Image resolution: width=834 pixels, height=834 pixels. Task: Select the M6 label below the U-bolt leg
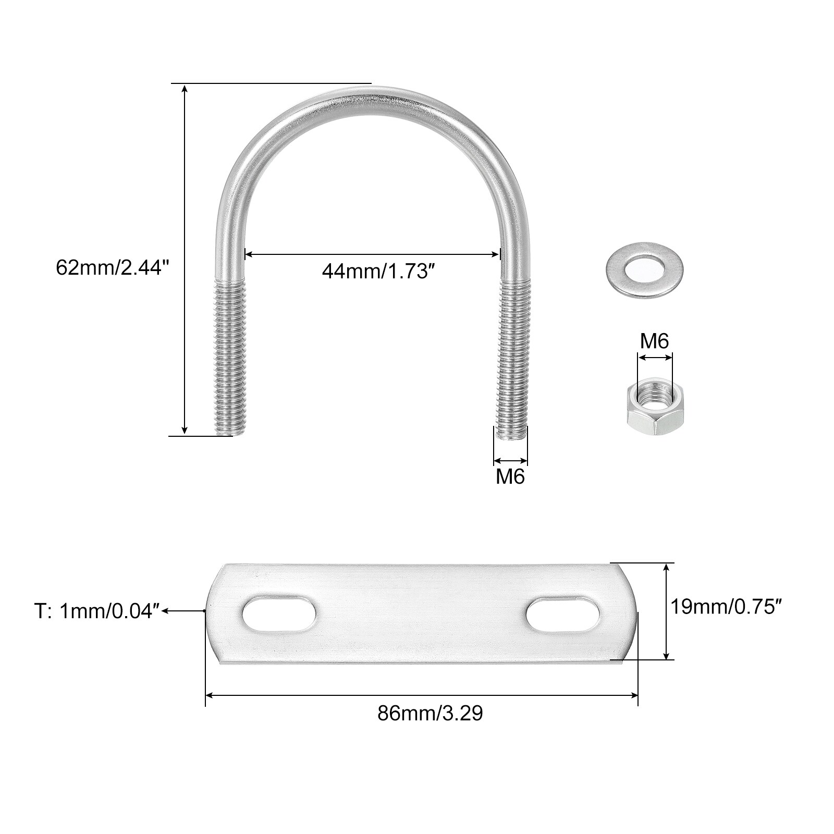[510, 476]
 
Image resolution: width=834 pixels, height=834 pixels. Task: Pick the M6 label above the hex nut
[654, 341]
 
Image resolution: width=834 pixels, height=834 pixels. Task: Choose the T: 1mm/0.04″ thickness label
[97, 612]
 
